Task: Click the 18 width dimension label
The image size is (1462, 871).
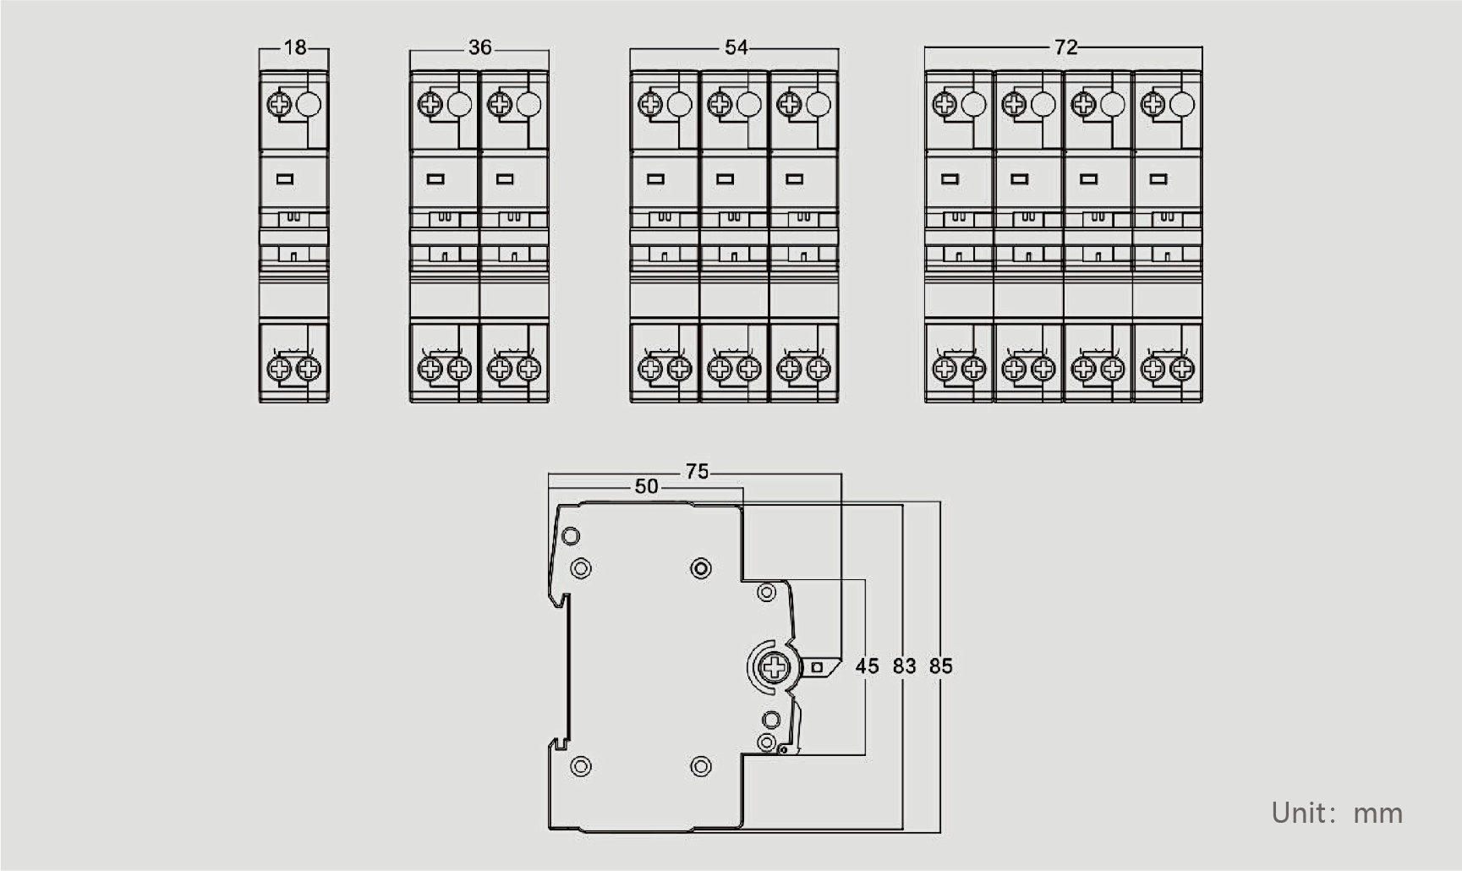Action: click(295, 47)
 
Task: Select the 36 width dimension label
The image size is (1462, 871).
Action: click(479, 47)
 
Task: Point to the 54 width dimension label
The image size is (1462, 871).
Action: click(736, 47)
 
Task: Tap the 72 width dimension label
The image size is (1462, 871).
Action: click(1065, 47)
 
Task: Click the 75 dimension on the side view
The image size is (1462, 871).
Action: click(697, 471)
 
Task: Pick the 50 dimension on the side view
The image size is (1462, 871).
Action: click(646, 486)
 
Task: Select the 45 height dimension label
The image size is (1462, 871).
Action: click(867, 666)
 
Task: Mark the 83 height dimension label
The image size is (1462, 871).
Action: click(904, 666)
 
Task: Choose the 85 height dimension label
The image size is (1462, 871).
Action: click(940, 666)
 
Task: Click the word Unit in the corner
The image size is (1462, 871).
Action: click(1299, 813)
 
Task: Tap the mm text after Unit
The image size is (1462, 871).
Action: click(1378, 815)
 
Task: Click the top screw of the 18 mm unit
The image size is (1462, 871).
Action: click(279, 105)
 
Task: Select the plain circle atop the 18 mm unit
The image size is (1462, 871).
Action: click(309, 105)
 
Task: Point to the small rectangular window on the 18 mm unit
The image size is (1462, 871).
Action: click(285, 179)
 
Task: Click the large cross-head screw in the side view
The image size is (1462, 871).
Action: click(774, 668)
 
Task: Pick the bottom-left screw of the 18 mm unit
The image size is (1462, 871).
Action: click(279, 369)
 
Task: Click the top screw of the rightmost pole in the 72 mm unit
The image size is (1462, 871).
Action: click(1153, 105)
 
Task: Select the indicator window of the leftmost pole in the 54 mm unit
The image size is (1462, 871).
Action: click(655, 179)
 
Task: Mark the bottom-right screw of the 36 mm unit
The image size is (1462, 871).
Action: click(528, 369)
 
